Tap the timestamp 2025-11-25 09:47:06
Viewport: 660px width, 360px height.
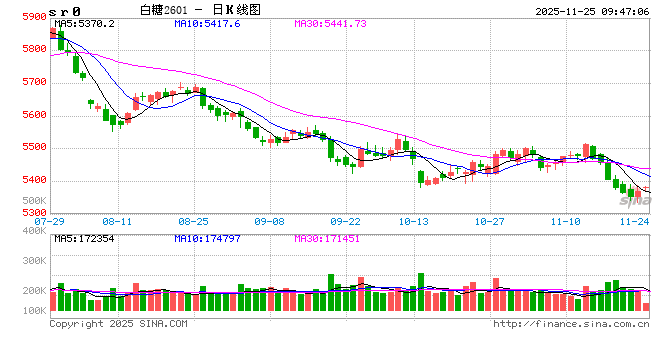click(592, 9)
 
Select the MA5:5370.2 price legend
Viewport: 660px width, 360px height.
click(85, 23)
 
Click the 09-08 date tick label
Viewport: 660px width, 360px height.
click(270, 221)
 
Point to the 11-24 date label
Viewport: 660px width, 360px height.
click(635, 221)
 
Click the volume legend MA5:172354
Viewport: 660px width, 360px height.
click(85, 238)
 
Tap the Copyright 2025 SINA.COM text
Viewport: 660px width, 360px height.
click(118, 323)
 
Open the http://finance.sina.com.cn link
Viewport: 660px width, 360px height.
click(571, 323)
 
